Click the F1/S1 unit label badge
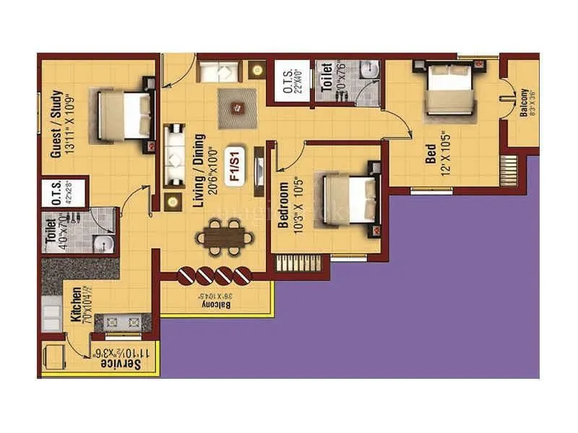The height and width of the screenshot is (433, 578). click(x=233, y=167)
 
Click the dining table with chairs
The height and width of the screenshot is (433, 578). click(x=227, y=236)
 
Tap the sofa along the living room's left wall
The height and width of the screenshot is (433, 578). click(x=174, y=157)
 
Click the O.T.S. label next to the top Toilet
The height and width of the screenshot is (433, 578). click(x=287, y=82)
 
